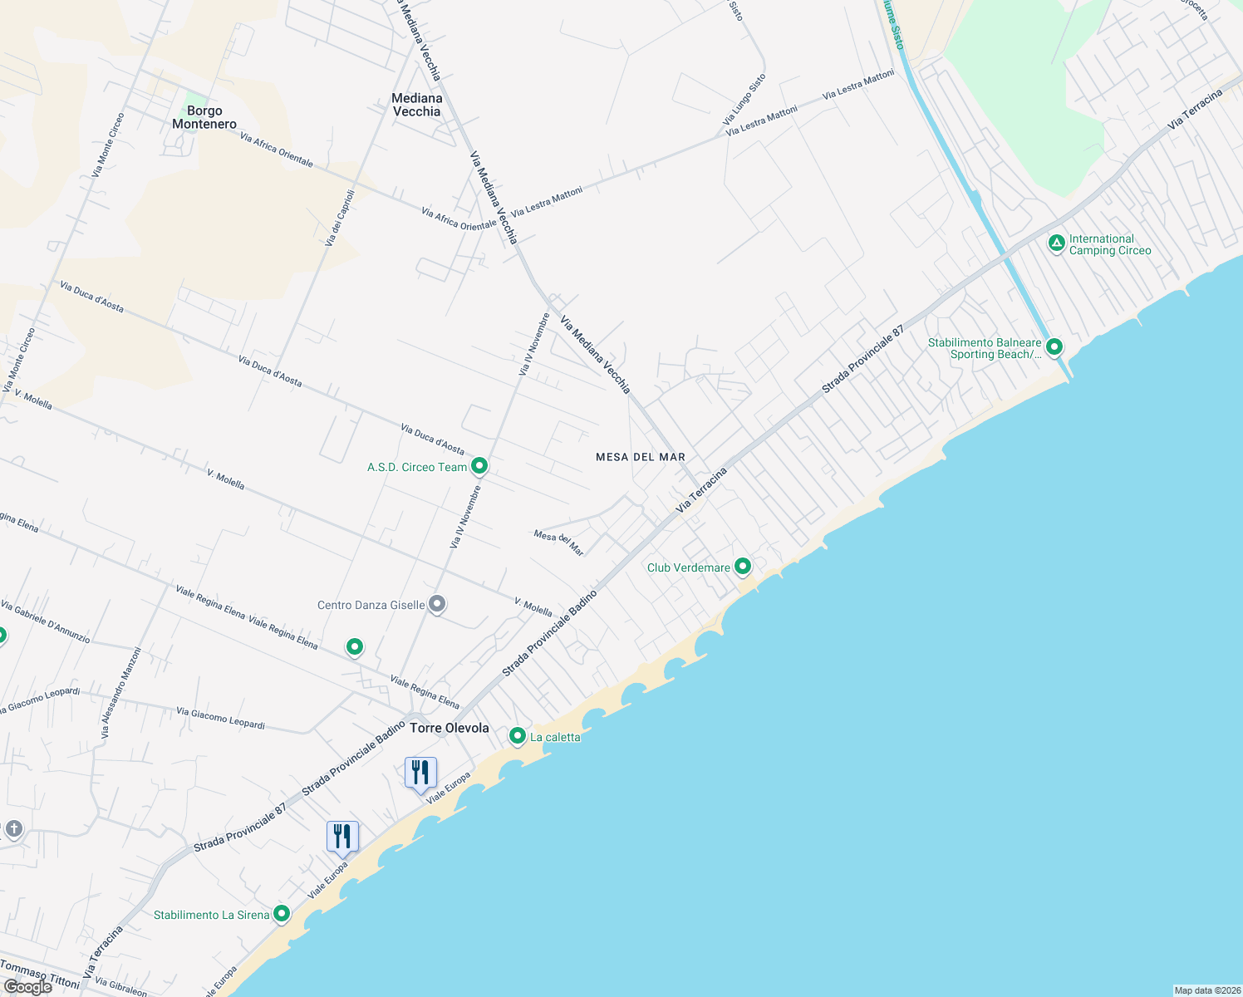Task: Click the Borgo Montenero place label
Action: pyautogui.click(x=204, y=117)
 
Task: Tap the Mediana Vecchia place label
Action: pyautogui.click(x=416, y=105)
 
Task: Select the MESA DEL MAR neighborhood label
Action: pyautogui.click(x=641, y=457)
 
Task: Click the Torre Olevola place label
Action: pyautogui.click(x=450, y=728)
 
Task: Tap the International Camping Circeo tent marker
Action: pyautogui.click(x=1056, y=243)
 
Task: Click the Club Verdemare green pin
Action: pyautogui.click(x=743, y=567)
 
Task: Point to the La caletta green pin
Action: pyautogui.click(x=518, y=736)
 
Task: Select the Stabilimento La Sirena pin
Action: pyautogui.click(x=282, y=914)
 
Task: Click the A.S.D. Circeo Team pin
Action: pyautogui.click(x=479, y=466)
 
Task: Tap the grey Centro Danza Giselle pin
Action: pyautogui.click(x=437, y=605)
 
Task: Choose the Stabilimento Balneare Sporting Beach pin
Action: pyautogui.click(x=1054, y=346)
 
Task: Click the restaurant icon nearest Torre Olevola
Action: pyautogui.click(x=420, y=773)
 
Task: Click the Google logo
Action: pyautogui.click(x=28, y=986)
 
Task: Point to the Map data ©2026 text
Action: pyautogui.click(x=1206, y=990)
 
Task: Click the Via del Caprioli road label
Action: pyautogui.click(x=340, y=218)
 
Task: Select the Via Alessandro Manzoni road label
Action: pyautogui.click(x=121, y=694)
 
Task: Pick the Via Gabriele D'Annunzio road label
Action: pyautogui.click(x=46, y=622)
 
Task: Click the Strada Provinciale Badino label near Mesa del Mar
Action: pyautogui.click(x=550, y=633)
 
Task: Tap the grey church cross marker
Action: pyautogui.click(x=13, y=829)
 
